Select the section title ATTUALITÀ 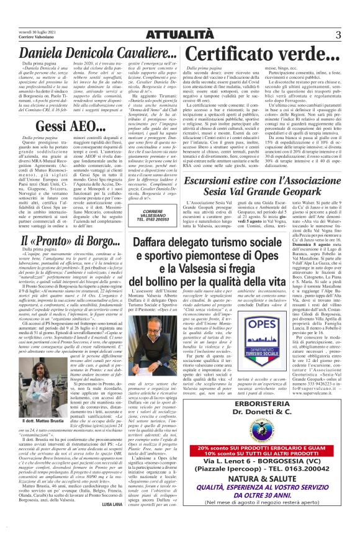click(x=180, y=34)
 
